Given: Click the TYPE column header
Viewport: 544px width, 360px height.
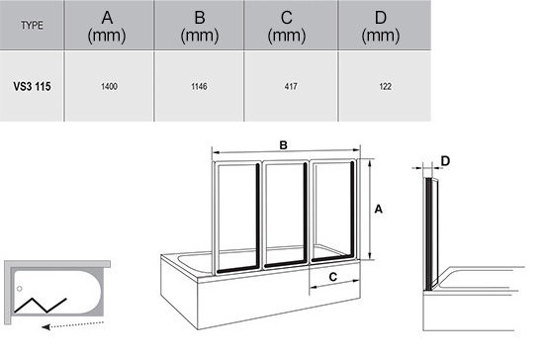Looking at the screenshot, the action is coord(32,26).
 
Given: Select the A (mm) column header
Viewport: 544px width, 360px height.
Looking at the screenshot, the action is coord(107,27).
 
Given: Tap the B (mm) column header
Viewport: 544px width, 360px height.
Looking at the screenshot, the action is coord(200,27).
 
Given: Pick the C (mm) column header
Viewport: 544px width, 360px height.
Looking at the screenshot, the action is coord(287,27).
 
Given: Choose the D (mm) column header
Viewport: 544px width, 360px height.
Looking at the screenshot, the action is coord(381,27).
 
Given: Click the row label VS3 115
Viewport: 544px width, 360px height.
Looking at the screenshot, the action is coord(32,86).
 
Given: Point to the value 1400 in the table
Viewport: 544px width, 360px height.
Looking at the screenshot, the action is coord(109,86).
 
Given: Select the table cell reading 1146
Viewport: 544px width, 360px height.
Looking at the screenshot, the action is coord(199,86).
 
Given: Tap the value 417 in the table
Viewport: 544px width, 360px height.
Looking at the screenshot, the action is coord(291,86).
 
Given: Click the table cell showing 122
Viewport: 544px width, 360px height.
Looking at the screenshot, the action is coord(386,86).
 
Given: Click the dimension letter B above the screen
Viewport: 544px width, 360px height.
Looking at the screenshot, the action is coord(284,145).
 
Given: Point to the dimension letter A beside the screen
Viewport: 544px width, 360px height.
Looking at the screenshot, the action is coord(379,209).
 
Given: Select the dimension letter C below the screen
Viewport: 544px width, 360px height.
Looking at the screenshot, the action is coord(332,277).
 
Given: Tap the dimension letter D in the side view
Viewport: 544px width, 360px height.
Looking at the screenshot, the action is coord(445,161).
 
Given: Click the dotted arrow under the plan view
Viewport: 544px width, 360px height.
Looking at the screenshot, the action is coord(72,325).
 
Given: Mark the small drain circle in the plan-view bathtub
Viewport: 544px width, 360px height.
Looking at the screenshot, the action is coord(20,289).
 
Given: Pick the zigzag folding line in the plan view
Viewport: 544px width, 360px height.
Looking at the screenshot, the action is coord(41,306).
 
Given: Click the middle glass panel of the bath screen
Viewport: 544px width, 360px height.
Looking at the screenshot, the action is coord(285,215).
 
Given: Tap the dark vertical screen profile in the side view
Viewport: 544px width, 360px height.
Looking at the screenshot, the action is coord(429,234).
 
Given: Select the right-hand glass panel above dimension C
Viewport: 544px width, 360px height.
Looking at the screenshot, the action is coord(333,211).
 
